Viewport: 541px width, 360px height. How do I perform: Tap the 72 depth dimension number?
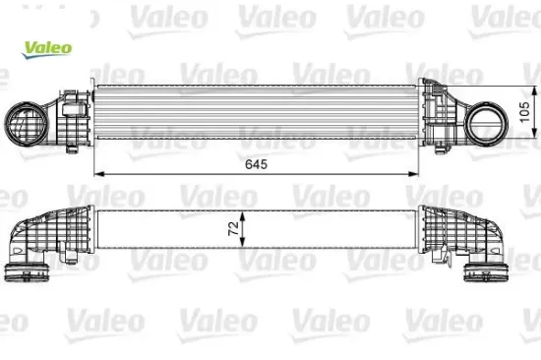click(232, 229)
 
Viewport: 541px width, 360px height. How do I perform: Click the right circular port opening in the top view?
click(487, 124)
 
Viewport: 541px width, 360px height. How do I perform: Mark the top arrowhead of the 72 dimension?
click(245, 211)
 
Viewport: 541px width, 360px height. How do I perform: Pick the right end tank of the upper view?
click(438, 116)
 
